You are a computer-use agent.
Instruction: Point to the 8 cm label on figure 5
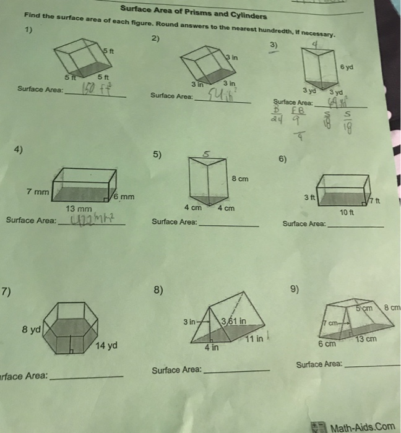pos(240,179)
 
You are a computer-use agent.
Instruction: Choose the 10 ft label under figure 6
pos(348,212)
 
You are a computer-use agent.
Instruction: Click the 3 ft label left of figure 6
pos(308,197)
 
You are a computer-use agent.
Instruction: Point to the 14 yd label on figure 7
pos(106,345)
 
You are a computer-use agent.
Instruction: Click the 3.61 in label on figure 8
pos(234,320)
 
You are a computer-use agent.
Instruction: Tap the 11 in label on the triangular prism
pos(255,340)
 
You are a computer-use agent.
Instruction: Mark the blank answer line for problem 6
pos(355,226)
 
